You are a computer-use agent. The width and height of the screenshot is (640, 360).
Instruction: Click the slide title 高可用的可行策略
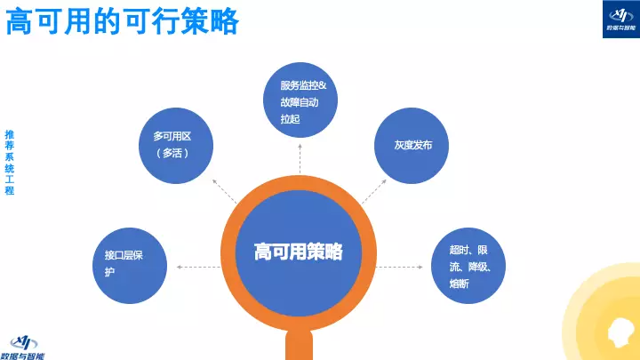point(122,21)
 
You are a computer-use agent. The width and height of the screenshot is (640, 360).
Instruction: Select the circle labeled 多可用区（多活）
point(178,144)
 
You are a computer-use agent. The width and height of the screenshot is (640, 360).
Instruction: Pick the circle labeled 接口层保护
point(131,264)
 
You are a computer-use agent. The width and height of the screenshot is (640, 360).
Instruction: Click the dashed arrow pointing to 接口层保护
point(199,266)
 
